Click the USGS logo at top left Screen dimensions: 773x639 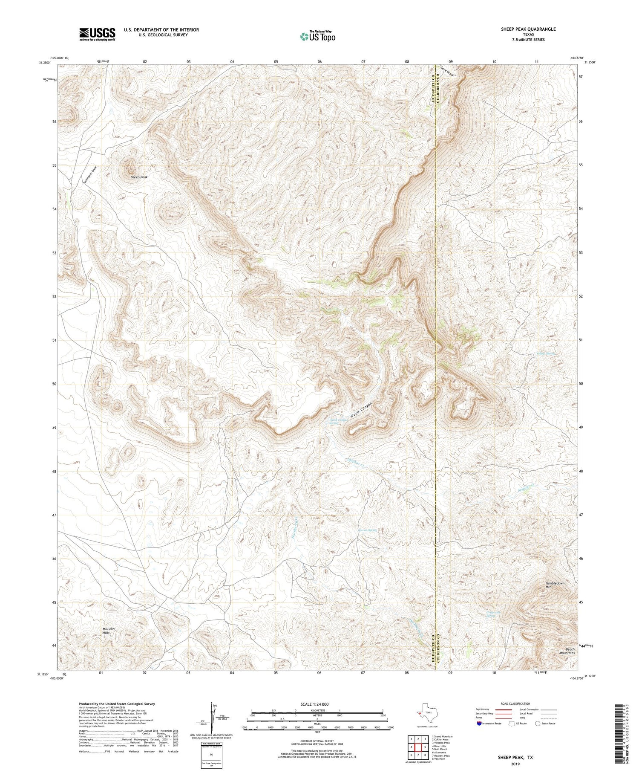click(x=97, y=34)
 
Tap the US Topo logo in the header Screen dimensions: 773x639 click(x=317, y=36)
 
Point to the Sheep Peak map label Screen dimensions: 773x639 click(x=139, y=177)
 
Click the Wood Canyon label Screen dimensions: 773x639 click(x=361, y=410)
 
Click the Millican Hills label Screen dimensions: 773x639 click(x=109, y=631)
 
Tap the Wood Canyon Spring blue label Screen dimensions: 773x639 click(x=339, y=422)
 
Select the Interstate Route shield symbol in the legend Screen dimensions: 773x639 click(x=480, y=723)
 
